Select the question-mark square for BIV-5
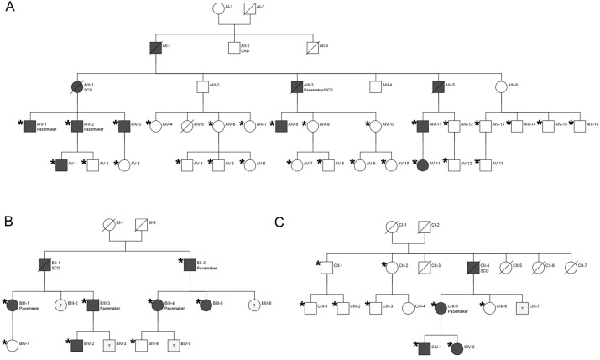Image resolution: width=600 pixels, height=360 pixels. pos(173,344)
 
